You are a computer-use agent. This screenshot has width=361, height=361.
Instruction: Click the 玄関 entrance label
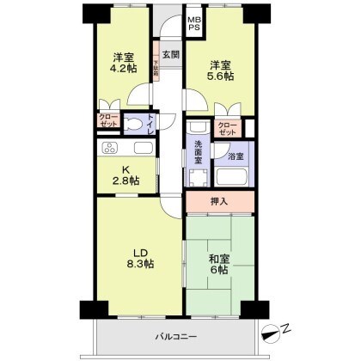point(170,55)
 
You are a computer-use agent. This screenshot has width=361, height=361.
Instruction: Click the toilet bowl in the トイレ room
point(135,125)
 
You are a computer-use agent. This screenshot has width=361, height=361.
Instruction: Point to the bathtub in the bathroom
point(233,178)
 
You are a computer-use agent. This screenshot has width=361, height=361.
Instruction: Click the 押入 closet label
point(220,202)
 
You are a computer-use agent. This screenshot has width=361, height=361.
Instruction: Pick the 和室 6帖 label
point(221,263)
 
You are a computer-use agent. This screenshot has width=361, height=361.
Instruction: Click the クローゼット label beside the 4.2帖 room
point(108,121)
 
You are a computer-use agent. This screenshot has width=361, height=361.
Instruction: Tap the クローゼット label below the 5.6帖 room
point(226,129)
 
